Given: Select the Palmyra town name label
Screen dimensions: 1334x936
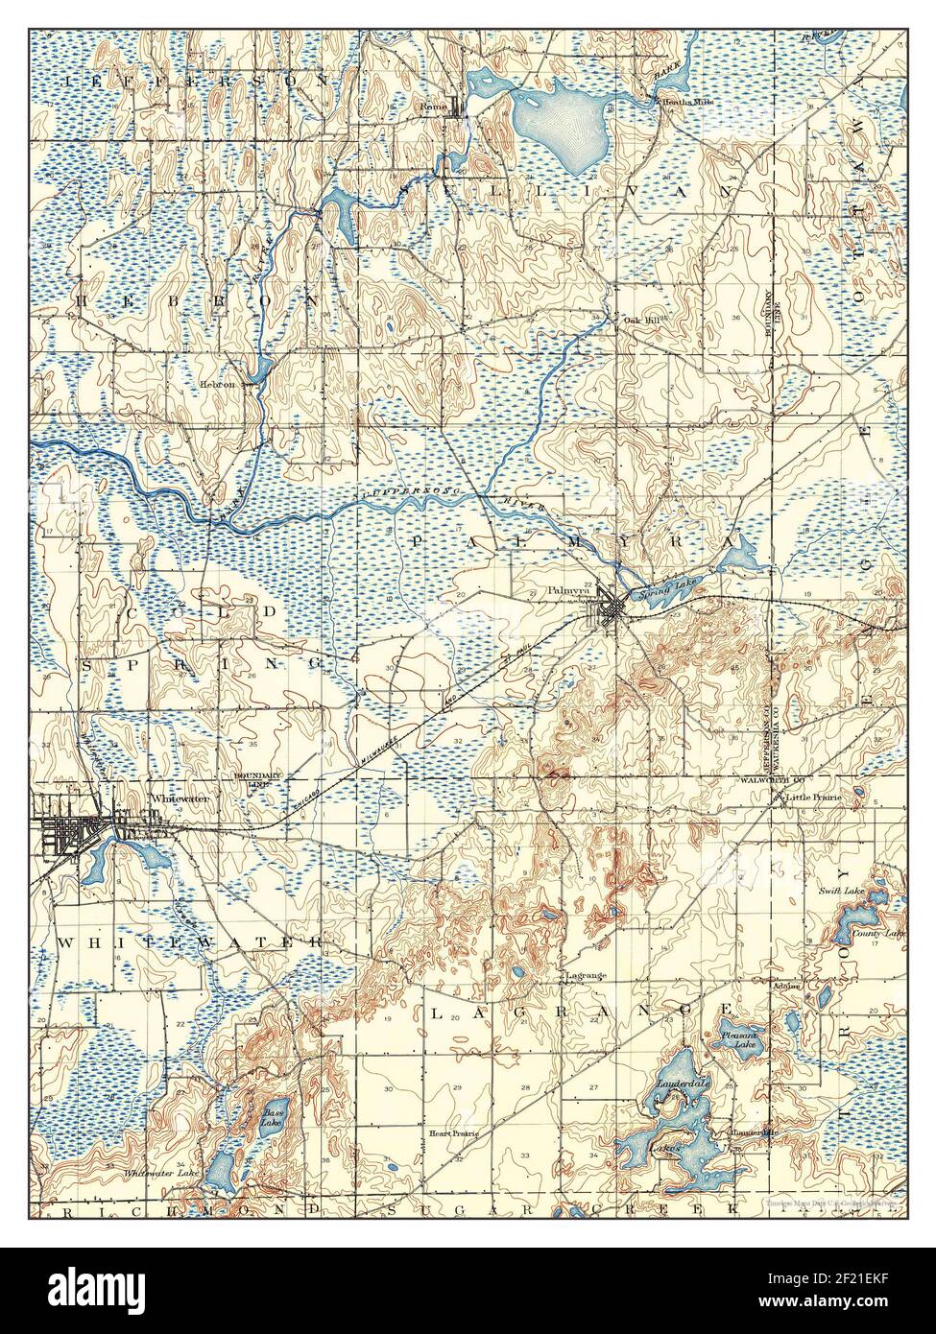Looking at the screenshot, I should coord(566,591).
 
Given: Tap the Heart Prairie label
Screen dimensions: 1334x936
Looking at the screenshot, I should coord(453,1133).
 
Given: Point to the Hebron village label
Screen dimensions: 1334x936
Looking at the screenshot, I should coord(217,384).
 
